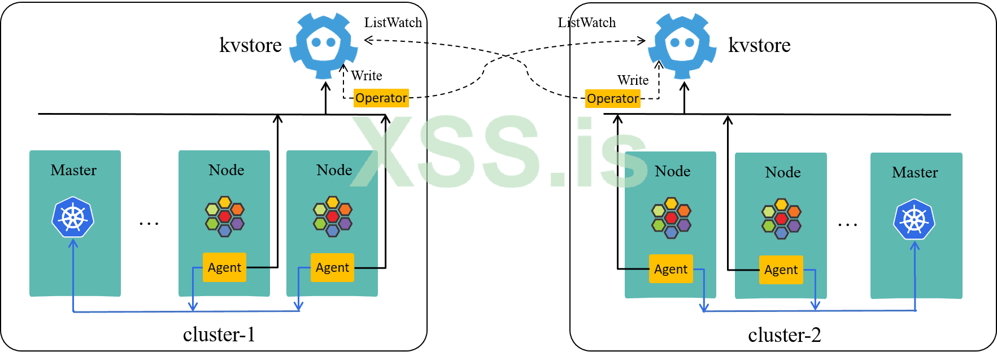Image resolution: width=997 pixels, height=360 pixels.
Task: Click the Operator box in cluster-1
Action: [x=381, y=98]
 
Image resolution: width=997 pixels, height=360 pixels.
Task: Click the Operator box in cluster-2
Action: [x=613, y=99]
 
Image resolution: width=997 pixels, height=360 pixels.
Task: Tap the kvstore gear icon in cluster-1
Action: [x=324, y=45]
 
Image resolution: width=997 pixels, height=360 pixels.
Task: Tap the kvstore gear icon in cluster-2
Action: [x=682, y=45]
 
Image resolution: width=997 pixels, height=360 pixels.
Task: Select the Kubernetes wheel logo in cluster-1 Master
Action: [x=73, y=217]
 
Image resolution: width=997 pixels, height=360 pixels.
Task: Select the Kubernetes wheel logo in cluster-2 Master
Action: [x=914, y=219]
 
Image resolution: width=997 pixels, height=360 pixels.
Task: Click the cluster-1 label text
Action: [x=219, y=335]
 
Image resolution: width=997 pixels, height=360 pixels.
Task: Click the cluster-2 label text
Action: [x=785, y=335]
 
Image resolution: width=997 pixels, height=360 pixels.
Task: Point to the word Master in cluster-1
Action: [x=73, y=170]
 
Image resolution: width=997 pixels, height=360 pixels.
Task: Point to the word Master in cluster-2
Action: [x=915, y=172]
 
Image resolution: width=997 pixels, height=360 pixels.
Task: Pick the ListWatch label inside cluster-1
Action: [x=393, y=23]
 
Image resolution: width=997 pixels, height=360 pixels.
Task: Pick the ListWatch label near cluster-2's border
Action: [x=587, y=23]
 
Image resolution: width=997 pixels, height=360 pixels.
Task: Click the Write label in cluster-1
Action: [x=367, y=76]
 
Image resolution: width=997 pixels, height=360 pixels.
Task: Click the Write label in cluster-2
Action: [x=633, y=80]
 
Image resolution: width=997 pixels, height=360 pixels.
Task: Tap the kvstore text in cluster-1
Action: [x=250, y=45]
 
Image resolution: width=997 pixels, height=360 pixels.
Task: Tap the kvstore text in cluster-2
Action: [x=759, y=45]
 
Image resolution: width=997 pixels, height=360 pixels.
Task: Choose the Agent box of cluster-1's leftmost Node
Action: [x=224, y=267]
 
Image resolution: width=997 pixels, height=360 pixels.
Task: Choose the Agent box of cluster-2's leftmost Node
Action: [x=671, y=269]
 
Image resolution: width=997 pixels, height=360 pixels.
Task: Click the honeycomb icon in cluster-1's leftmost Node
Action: [x=224, y=216]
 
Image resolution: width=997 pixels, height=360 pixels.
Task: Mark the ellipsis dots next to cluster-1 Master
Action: [x=149, y=224]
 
